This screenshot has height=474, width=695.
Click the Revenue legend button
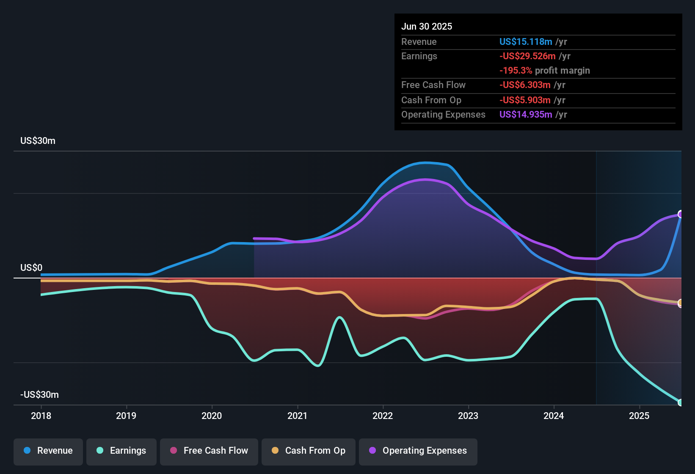point(48,451)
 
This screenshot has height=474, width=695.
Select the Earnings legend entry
point(121,451)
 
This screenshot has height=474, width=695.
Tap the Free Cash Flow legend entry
point(209,451)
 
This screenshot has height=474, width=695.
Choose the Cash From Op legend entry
point(309,451)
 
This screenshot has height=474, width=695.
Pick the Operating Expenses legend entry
point(418,451)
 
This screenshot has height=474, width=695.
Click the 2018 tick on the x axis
point(41,416)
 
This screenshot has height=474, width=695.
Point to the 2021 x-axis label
point(297,416)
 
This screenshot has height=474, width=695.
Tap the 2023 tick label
point(468,416)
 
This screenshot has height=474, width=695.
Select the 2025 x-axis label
point(639,416)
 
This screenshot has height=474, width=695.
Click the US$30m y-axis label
point(38,141)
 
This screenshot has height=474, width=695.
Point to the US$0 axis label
point(31,267)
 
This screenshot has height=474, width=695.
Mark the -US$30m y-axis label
point(39,394)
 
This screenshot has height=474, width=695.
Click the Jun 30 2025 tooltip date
point(427,27)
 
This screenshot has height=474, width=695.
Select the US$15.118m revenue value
point(526,42)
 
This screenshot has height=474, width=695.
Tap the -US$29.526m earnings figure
point(527,56)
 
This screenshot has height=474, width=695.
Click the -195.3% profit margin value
point(516,71)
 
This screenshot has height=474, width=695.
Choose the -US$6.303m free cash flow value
point(525,85)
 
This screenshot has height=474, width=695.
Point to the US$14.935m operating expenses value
point(526,115)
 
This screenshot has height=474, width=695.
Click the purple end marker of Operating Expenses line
point(681,214)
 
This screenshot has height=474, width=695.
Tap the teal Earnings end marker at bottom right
point(681,402)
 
